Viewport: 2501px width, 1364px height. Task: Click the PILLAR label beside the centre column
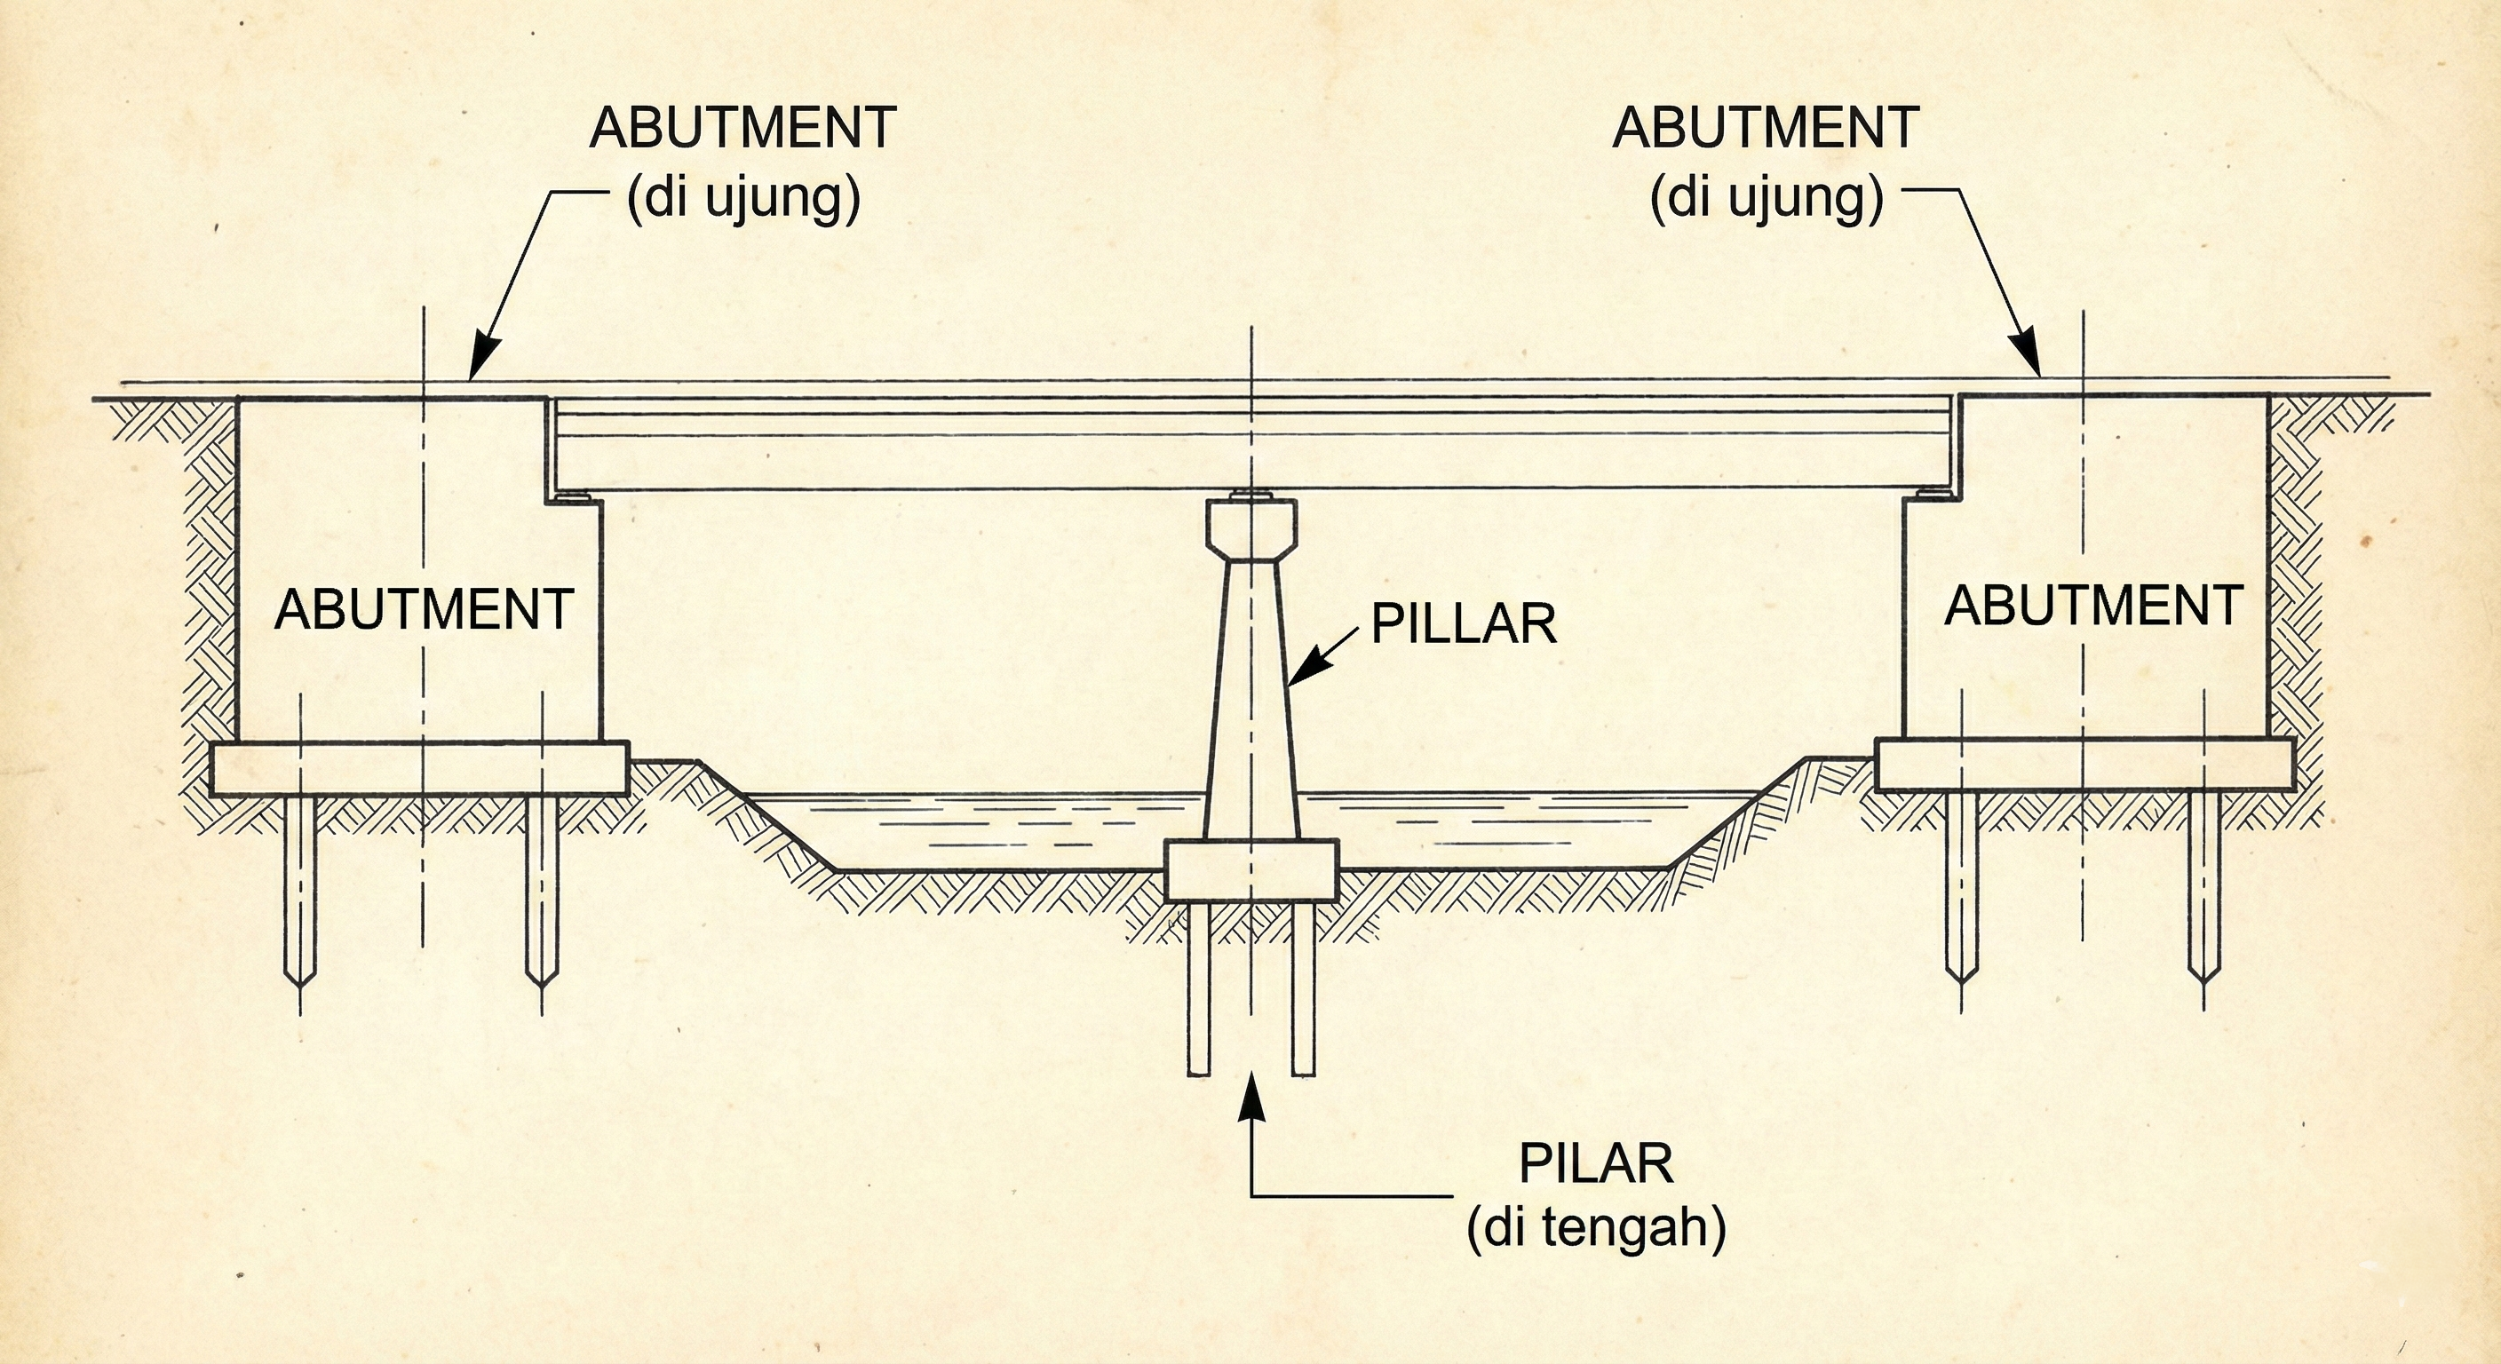(1463, 623)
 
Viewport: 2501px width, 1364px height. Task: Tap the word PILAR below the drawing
(1596, 1164)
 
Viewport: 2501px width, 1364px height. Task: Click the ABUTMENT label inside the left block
(424, 610)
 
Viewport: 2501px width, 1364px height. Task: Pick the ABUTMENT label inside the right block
(2093, 606)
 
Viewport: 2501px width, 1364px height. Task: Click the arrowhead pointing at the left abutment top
(482, 357)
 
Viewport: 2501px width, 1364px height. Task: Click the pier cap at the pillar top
(1251, 529)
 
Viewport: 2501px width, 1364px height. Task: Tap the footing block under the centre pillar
(1250, 870)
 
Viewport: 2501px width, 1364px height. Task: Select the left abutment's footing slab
(419, 769)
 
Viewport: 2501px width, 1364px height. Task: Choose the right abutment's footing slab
(2084, 764)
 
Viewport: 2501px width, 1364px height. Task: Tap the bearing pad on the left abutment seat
(574, 498)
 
